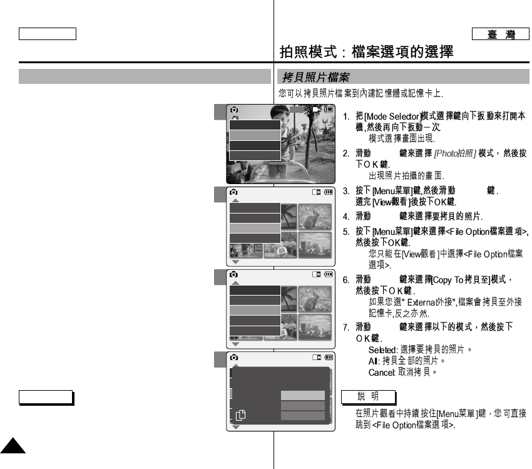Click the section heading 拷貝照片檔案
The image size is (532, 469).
pyautogui.click(x=315, y=78)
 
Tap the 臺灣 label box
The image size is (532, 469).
pyautogui.click(x=500, y=34)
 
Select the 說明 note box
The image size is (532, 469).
pyautogui.click(x=369, y=397)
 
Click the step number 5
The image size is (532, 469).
pyautogui.click(x=346, y=232)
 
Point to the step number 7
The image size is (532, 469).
pyautogui.click(x=346, y=327)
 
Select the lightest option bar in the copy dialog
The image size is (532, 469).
pyautogui.click(x=303, y=396)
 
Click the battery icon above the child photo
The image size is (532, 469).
pyautogui.click(x=329, y=109)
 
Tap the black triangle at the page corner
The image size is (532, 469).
pyautogui.click(x=13, y=448)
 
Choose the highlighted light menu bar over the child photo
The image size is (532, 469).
pyautogui.click(x=255, y=135)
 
